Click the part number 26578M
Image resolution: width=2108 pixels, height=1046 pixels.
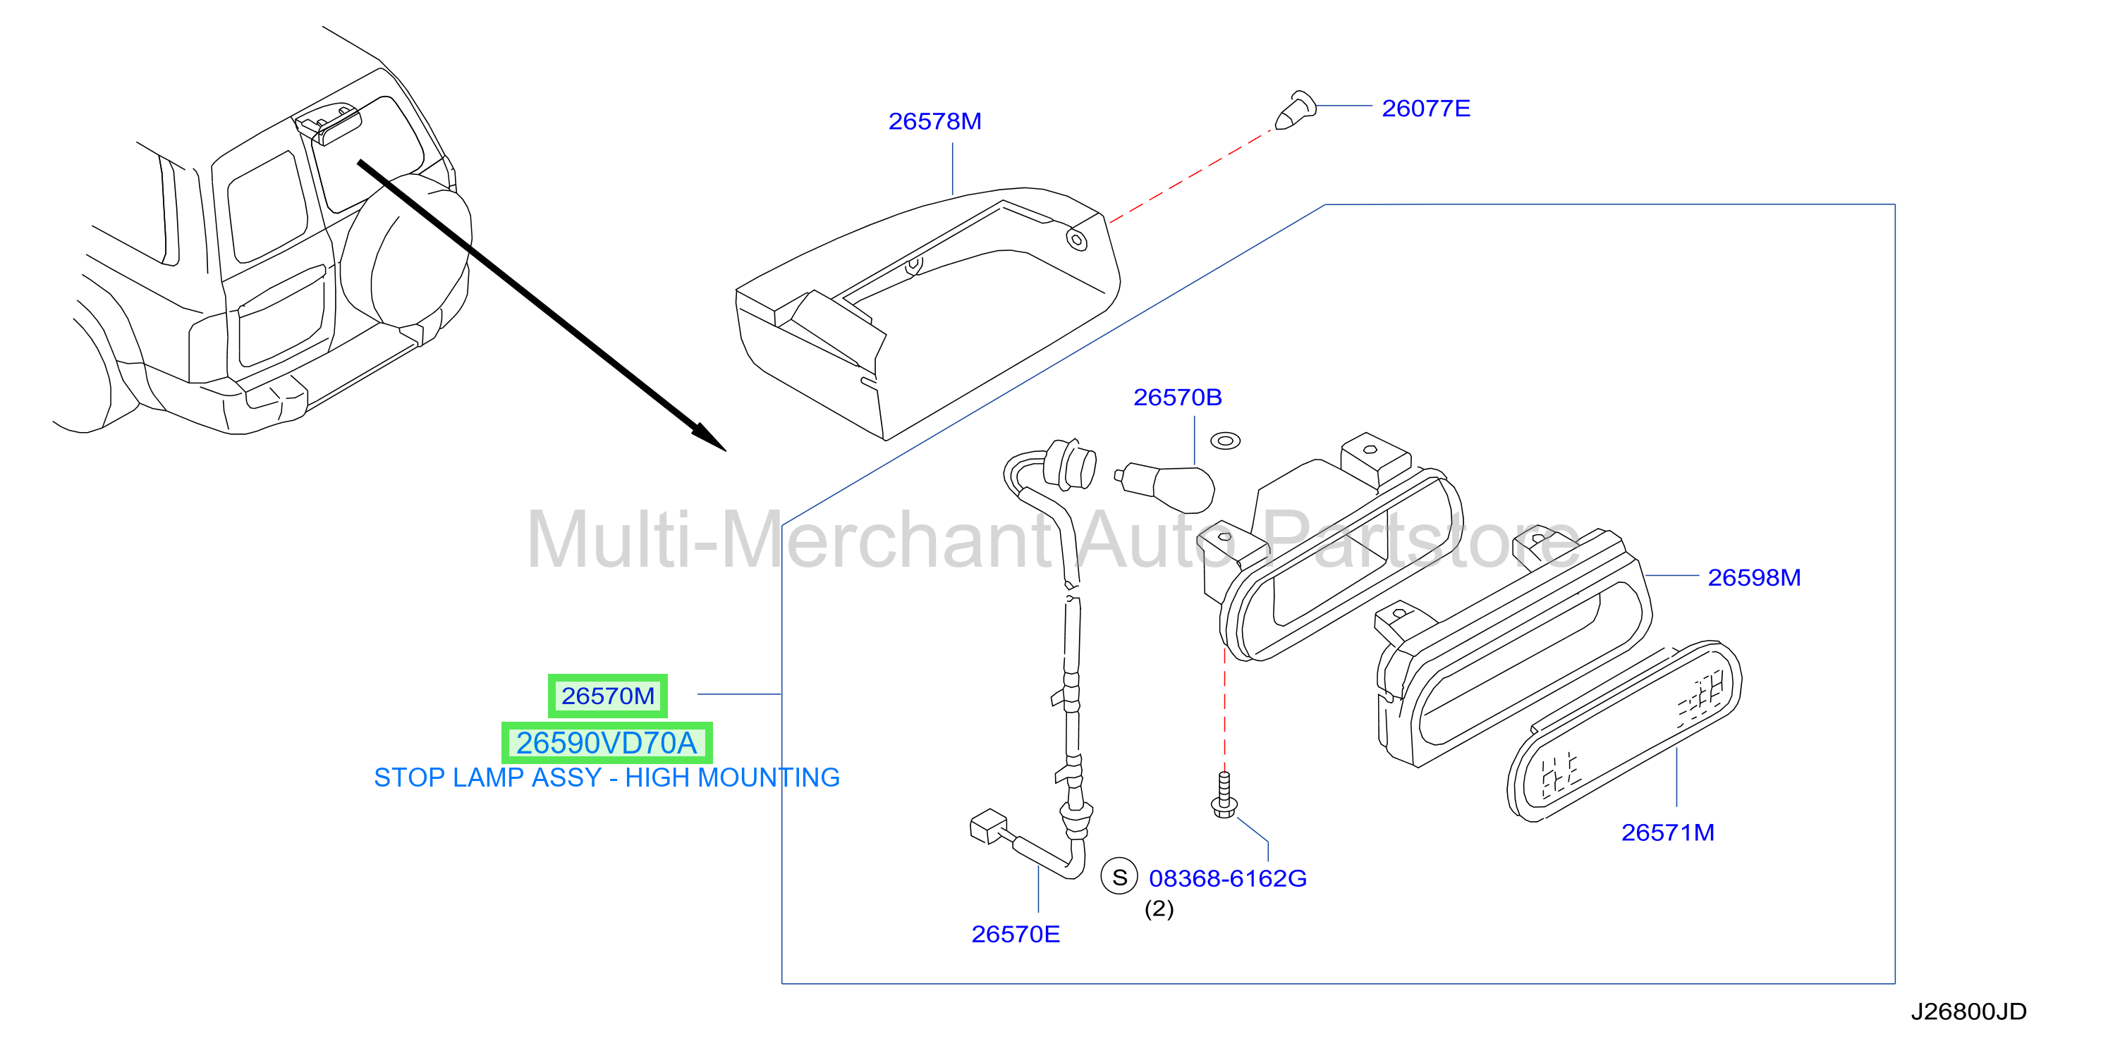[934, 121]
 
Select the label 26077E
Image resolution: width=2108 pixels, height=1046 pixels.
[1425, 108]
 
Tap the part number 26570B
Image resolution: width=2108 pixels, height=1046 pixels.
[1178, 398]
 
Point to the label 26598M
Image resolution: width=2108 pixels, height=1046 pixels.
[1754, 577]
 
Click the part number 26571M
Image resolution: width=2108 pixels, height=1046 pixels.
[1668, 832]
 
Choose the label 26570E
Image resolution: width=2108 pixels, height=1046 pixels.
[1016, 934]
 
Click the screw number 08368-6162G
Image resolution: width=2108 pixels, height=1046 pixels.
[1227, 878]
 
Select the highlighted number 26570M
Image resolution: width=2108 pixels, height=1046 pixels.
[608, 696]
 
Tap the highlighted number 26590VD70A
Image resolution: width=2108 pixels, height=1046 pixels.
[607, 743]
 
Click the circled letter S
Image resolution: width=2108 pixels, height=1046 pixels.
[1119, 878]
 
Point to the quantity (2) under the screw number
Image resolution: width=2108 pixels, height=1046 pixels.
[1159, 909]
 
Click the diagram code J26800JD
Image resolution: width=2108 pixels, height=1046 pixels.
[1968, 1011]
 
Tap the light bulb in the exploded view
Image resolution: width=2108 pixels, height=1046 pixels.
[1165, 486]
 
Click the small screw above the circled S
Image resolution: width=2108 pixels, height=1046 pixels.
[1224, 794]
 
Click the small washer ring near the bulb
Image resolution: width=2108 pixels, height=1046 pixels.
[1225, 441]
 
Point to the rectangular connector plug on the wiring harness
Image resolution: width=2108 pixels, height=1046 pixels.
[989, 826]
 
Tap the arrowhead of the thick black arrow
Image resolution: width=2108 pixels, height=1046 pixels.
[709, 438]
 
